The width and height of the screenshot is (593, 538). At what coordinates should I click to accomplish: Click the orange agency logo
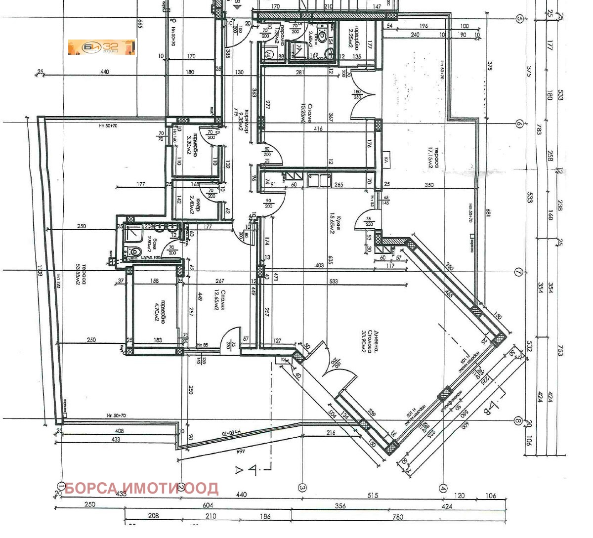pos(101,47)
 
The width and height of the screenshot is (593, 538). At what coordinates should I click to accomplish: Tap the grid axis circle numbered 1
pos(61,487)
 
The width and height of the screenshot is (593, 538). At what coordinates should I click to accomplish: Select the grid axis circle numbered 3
pos(302,488)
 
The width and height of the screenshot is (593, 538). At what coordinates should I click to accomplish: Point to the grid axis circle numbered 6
pos(519,124)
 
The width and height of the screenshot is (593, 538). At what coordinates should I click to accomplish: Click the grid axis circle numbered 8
pos(518,421)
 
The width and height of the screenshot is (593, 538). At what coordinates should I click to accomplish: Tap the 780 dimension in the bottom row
pos(397,517)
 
